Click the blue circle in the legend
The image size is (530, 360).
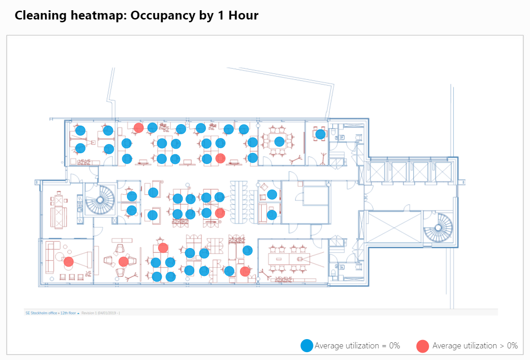[307, 346]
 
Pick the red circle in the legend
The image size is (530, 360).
[423, 346]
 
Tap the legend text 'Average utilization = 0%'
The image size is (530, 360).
[357, 346]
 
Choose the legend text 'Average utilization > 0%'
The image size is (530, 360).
[475, 346]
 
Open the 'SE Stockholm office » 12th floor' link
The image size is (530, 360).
[52, 313]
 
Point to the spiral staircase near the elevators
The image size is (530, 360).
[437, 228]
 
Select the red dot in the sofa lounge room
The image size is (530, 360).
[68, 262]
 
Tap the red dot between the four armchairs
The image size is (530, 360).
[123, 262]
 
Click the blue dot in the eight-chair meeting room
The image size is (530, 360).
[279, 141]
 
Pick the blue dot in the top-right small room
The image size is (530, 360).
[320, 134]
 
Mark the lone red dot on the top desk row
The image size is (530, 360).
[138, 128]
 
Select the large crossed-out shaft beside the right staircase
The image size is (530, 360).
[394, 227]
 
